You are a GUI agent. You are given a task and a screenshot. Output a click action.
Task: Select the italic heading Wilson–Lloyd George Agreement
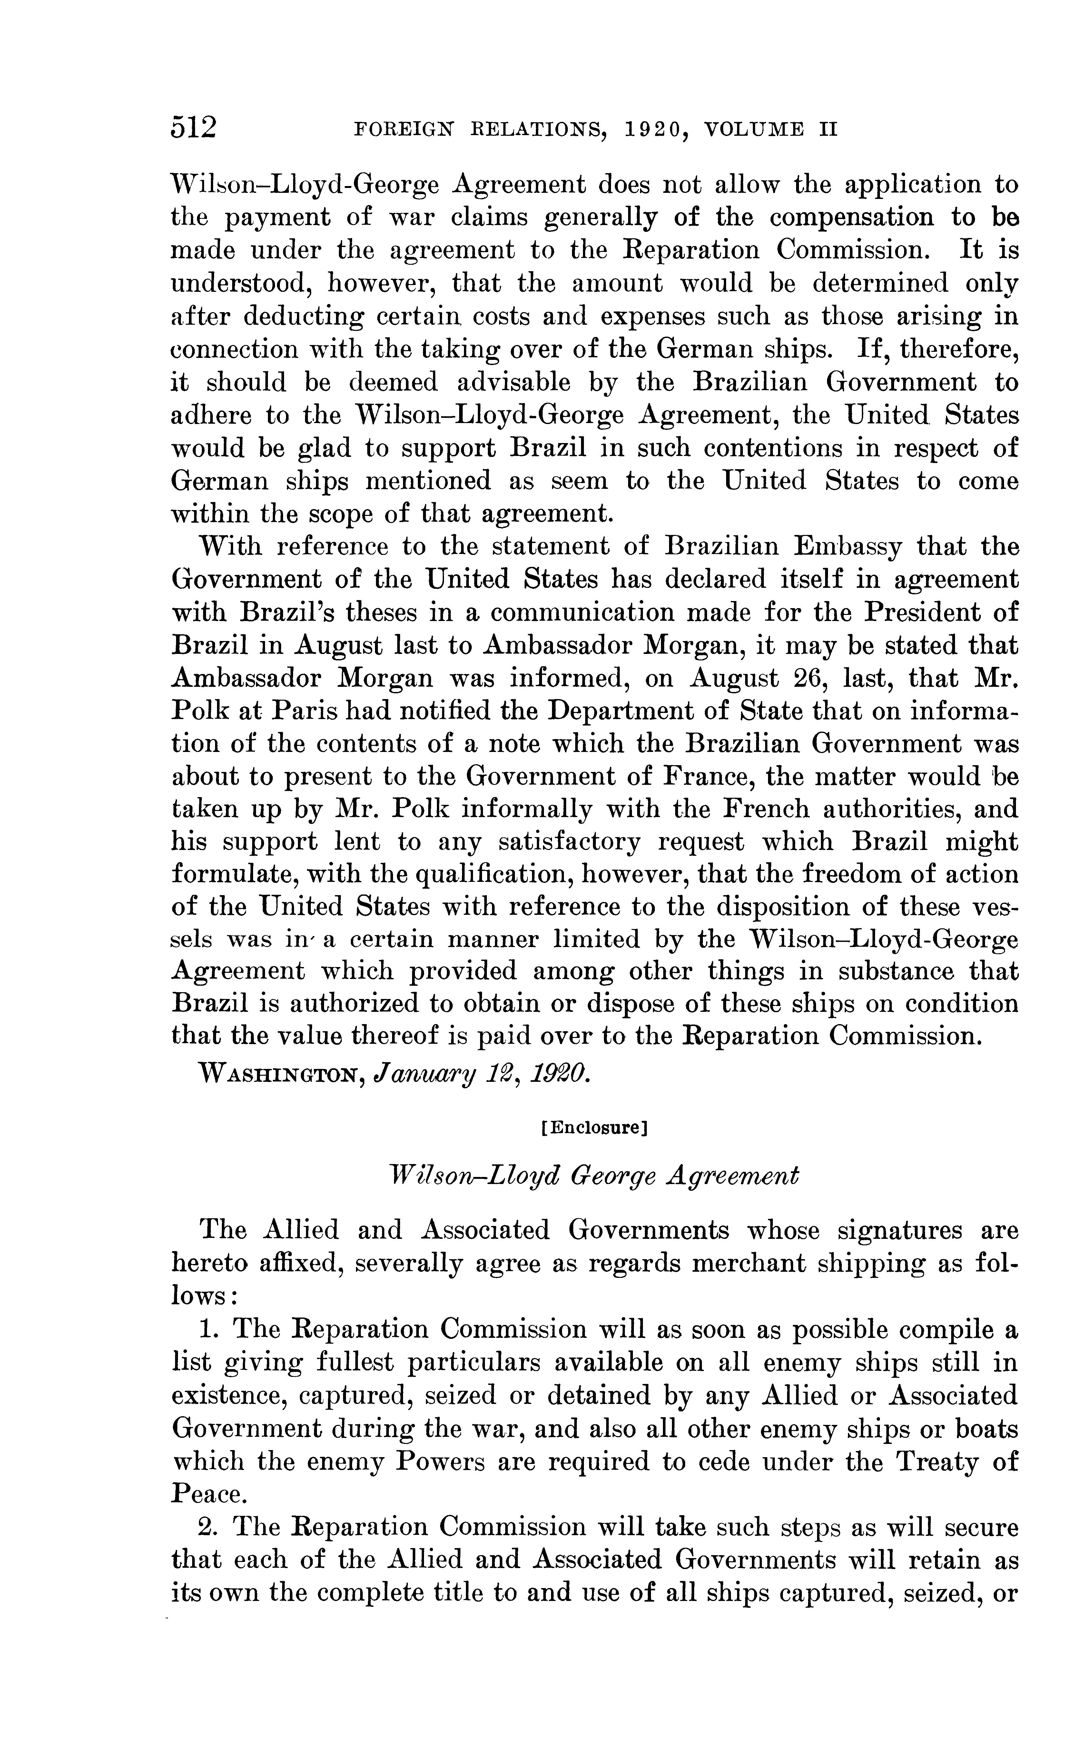[592, 1176]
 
